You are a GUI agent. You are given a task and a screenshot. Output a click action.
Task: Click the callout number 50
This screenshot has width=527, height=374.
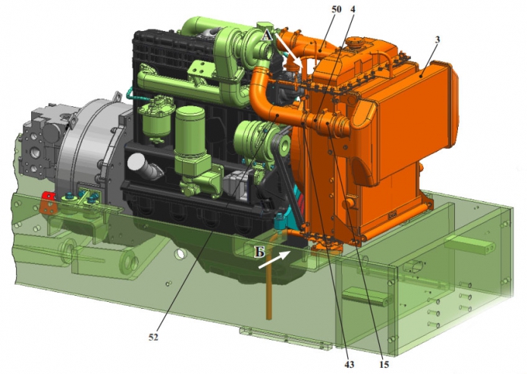(336, 9)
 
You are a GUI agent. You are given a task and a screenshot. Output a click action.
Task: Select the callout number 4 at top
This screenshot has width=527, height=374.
(353, 9)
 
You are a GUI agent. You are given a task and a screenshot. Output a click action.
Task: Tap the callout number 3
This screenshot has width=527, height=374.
(437, 39)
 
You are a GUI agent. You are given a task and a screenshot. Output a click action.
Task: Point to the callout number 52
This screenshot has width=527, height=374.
(153, 337)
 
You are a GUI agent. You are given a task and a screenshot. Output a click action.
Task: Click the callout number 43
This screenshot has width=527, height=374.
(350, 364)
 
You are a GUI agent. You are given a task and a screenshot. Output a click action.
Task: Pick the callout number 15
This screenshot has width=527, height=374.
(384, 364)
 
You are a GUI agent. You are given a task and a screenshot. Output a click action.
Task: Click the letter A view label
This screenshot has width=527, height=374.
(267, 35)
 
